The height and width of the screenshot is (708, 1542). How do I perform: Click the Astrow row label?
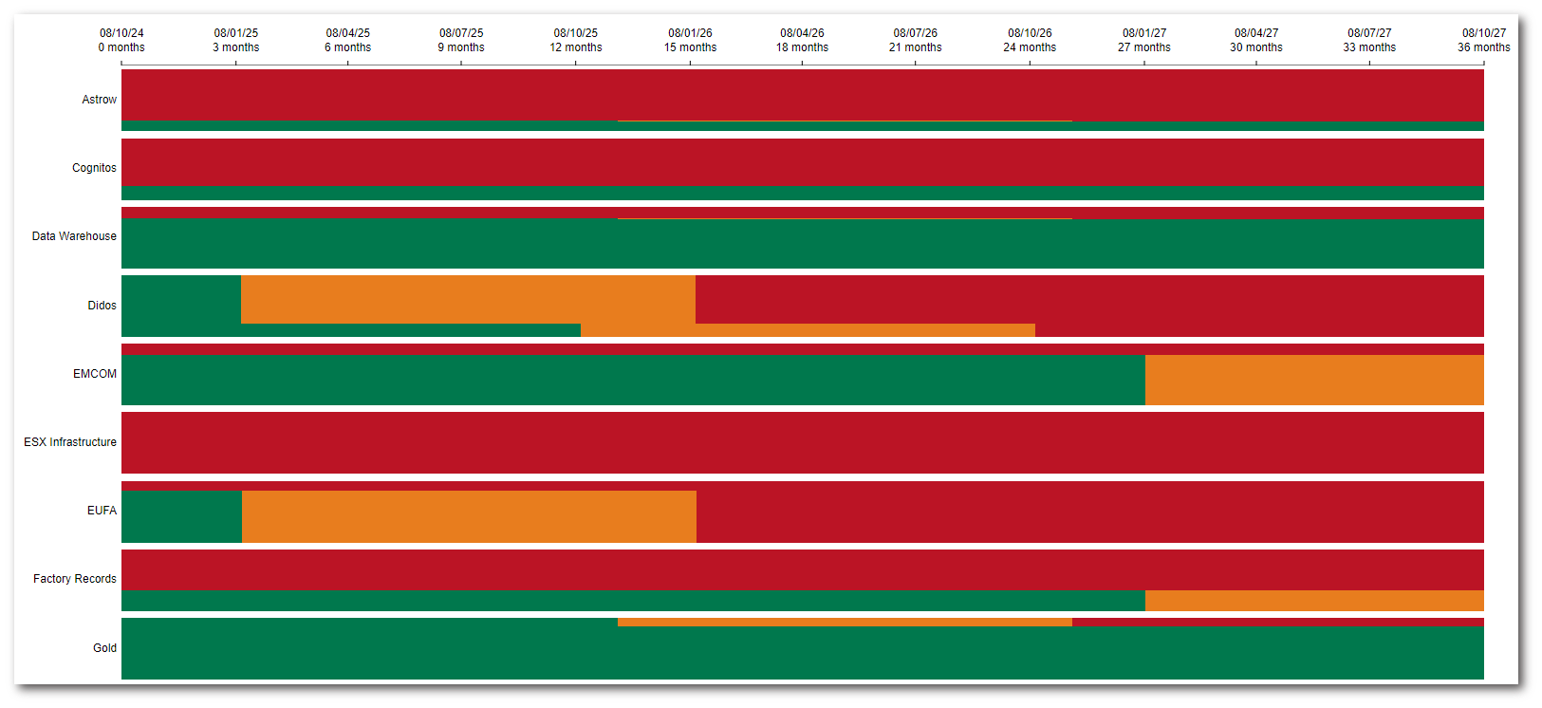tap(99, 100)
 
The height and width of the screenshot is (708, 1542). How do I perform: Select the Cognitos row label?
tap(94, 168)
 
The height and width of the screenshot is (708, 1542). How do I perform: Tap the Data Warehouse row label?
tap(74, 236)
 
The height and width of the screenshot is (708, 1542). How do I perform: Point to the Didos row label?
tap(102, 306)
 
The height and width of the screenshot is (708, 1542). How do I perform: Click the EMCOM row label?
tap(95, 374)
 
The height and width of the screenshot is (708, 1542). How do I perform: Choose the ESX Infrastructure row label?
tap(70, 442)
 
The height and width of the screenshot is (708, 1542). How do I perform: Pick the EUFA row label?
tap(102, 511)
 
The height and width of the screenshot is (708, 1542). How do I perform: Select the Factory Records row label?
tap(75, 579)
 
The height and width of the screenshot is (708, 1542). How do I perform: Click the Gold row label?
tap(104, 648)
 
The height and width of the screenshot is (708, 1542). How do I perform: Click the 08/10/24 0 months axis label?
tap(121, 40)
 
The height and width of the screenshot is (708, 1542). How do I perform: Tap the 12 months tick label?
tap(576, 47)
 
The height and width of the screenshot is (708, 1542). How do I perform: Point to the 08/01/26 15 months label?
tap(690, 40)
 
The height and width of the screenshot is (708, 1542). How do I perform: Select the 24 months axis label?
tap(1030, 47)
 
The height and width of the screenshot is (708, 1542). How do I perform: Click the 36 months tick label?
tap(1484, 47)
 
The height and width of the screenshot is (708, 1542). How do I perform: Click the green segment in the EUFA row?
tap(181, 516)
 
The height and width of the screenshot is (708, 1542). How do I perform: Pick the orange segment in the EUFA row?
tap(469, 516)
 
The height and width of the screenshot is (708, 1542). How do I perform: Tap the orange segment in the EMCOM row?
tap(1314, 380)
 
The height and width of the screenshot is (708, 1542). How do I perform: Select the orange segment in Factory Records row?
tap(1314, 601)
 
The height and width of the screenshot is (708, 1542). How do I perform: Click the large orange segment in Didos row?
tap(468, 299)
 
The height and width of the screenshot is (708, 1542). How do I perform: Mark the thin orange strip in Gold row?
tap(845, 623)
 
